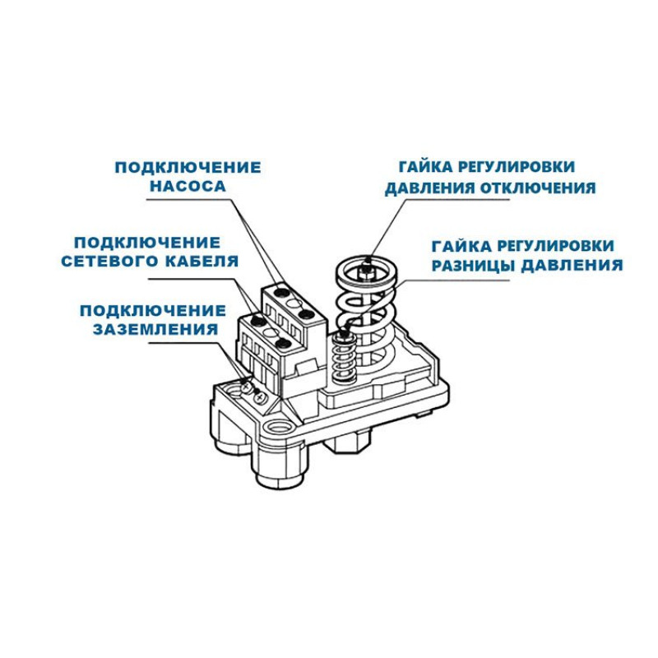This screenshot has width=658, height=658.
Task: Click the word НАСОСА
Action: [x=187, y=187]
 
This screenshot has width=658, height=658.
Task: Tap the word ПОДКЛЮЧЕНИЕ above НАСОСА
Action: [x=188, y=167]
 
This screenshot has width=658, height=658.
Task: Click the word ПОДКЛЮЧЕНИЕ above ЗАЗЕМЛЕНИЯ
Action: [x=153, y=310]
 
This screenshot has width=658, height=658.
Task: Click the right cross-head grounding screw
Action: [x=261, y=398]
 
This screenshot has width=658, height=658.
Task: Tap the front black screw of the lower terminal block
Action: [x=282, y=343]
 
